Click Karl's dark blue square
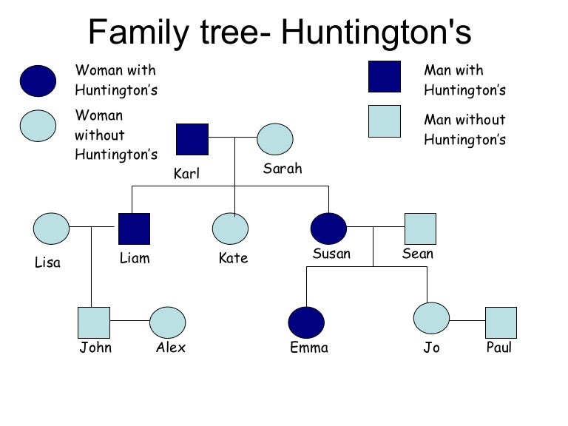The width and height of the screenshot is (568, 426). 192,139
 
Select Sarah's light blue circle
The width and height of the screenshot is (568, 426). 275,139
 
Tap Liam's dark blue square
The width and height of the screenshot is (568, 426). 134,229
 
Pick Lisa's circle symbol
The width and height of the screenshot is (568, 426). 52,229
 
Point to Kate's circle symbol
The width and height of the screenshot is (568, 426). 230,229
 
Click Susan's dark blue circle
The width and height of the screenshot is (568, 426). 328,229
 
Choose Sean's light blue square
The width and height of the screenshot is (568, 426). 420,229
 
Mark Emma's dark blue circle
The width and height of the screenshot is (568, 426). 306,322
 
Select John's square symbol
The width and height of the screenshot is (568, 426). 94,322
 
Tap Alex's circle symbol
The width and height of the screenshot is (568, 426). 168,322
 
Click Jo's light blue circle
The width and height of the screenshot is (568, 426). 431,318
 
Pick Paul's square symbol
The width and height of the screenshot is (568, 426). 501,322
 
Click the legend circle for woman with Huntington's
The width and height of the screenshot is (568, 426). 38,81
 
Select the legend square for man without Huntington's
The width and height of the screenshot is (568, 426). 385,121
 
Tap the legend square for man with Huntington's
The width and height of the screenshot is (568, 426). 385,76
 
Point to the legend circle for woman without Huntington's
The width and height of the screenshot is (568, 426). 38,126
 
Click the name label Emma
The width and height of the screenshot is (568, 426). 309,348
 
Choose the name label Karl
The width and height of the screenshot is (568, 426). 186,175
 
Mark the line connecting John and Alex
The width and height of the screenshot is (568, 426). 129,321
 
